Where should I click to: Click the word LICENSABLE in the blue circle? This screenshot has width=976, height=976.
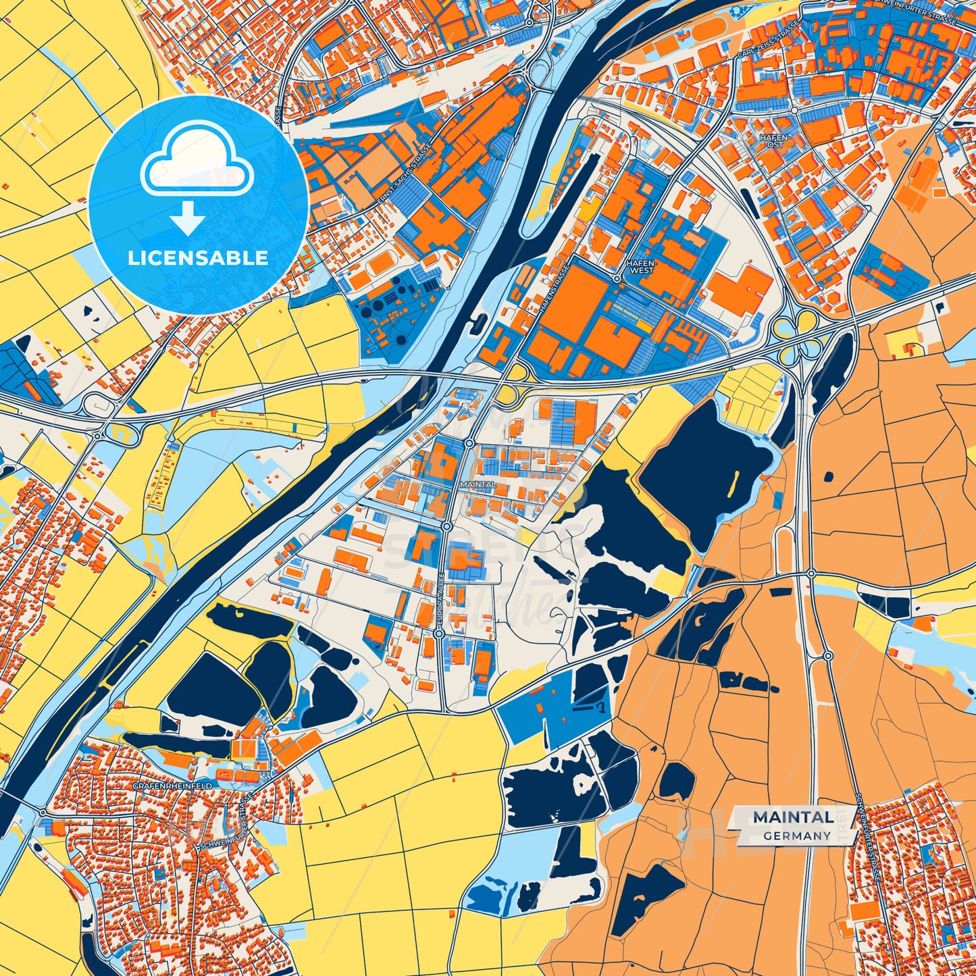(198, 258)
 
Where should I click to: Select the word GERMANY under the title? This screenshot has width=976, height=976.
(797, 836)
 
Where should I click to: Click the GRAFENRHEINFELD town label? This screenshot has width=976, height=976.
(172, 788)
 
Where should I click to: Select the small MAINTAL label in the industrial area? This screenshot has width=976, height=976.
(477, 484)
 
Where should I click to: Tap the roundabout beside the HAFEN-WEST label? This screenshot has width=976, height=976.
(617, 278)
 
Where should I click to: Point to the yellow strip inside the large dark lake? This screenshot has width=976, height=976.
(732, 481)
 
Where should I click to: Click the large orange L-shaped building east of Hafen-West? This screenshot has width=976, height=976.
(740, 290)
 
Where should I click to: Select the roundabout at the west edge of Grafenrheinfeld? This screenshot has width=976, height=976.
(43, 812)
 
